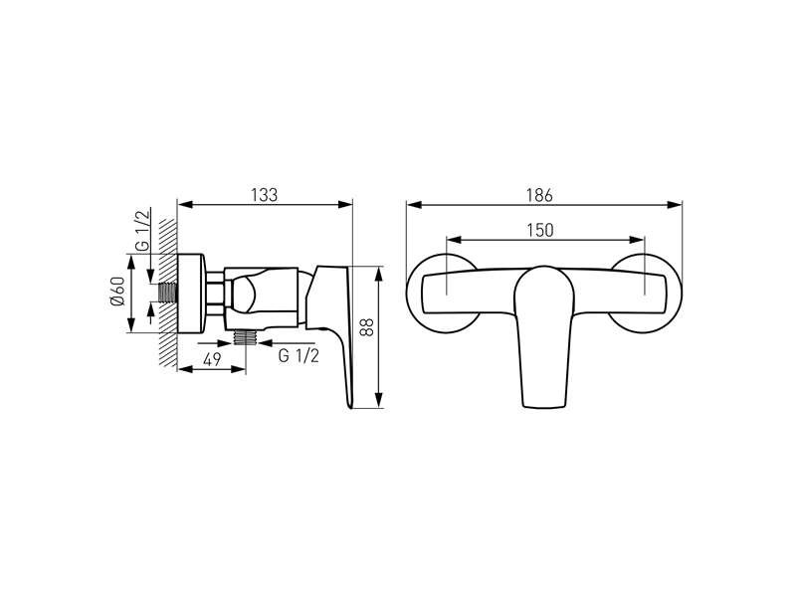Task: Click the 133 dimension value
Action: [x=265, y=195]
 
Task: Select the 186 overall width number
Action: [x=539, y=195]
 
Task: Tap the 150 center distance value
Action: [x=539, y=230]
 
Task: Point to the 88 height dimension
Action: [x=366, y=327]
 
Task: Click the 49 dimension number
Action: [x=212, y=359]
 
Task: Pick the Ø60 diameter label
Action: [x=116, y=291]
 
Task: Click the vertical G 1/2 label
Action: [x=143, y=230]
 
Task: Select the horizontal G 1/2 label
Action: [x=298, y=356]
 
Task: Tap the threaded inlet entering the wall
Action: [x=167, y=293]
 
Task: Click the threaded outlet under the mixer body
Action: [x=246, y=336]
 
